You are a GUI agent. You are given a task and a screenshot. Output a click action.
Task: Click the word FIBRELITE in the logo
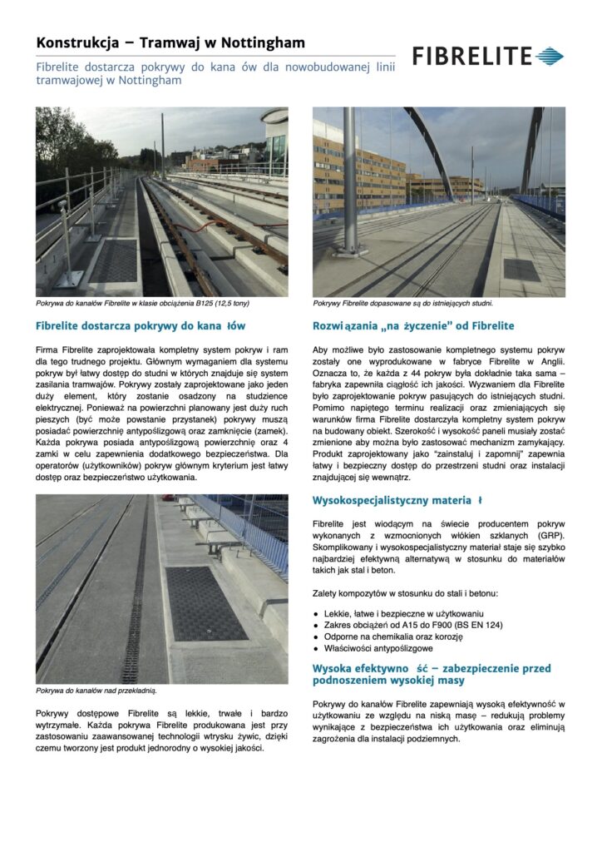tap(471, 57)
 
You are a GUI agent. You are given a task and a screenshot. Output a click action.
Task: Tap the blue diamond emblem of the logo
tap(550, 57)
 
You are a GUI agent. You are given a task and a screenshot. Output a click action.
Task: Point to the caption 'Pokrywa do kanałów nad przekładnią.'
tap(96, 690)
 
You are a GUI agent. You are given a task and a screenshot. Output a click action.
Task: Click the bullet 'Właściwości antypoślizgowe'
tap(378, 647)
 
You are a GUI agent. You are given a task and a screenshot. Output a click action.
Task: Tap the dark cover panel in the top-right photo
tap(521, 270)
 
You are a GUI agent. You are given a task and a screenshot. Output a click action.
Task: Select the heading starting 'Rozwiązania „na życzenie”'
tap(413, 325)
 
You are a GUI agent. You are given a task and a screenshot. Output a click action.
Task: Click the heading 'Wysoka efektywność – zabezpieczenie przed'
tap(432, 668)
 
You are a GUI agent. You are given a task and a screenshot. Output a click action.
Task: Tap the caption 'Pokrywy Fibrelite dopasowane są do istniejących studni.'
tap(402, 304)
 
